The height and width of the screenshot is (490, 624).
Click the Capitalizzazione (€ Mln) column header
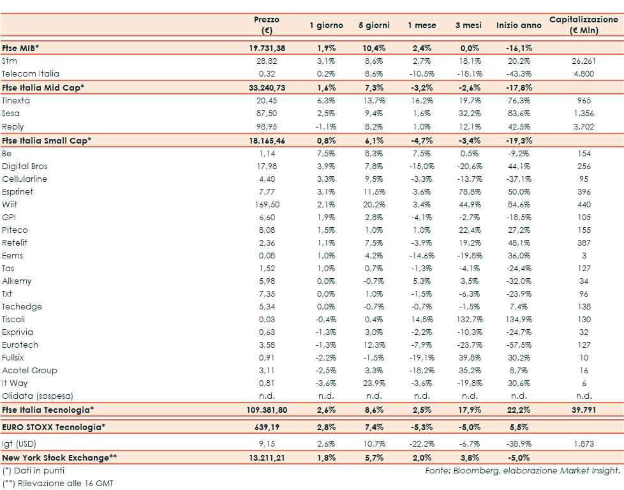(583, 25)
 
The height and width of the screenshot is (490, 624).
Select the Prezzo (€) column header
(267, 25)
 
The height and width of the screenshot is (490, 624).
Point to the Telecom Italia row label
(31, 73)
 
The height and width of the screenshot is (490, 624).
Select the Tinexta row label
(16, 100)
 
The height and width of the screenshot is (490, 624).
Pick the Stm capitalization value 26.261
(583, 61)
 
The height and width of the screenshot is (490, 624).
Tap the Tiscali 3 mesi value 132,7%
(470, 319)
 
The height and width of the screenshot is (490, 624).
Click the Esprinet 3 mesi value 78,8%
(470, 191)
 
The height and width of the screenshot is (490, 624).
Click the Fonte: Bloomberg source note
(522, 470)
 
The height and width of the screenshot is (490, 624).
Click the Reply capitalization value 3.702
(583, 126)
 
